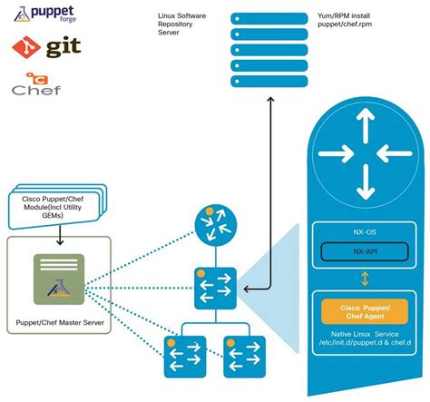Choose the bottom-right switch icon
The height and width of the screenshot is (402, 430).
(x=243, y=357)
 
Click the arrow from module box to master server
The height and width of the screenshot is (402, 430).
(x=58, y=237)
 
